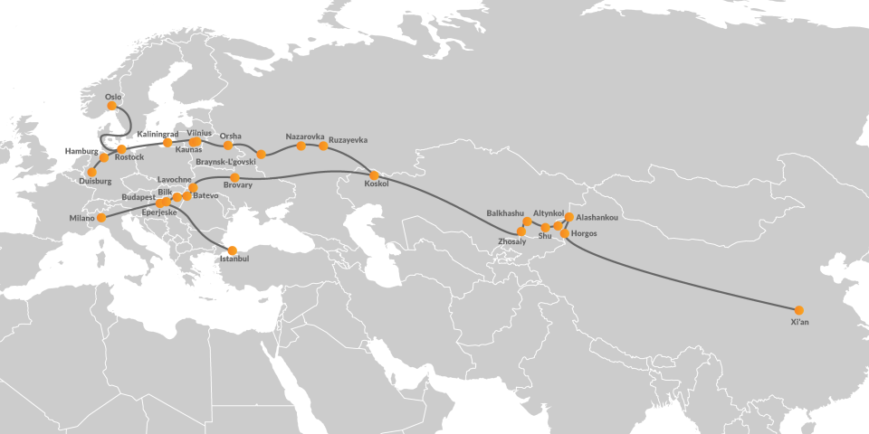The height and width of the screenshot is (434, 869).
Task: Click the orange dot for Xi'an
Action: (x=798, y=310)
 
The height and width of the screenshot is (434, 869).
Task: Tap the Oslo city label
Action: (x=113, y=96)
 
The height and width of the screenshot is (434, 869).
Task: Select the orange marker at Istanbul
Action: (x=232, y=250)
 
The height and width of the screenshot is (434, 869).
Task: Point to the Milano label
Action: (x=81, y=218)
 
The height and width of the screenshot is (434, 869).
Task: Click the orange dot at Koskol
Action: (x=374, y=175)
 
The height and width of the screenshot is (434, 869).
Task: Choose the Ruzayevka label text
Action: (x=349, y=139)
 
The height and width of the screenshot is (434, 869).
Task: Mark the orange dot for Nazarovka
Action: (x=301, y=146)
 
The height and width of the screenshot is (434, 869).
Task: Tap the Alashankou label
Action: (x=597, y=218)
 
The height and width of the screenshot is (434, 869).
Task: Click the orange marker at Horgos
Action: (x=565, y=234)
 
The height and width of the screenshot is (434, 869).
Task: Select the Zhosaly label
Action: (x=512, y=241)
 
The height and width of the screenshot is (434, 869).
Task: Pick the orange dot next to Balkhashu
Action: (x=528, y=222)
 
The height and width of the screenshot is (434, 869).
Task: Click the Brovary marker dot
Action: (x=235, y=177)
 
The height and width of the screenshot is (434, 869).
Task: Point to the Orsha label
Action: (x=231, y=136)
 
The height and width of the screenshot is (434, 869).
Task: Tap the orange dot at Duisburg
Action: (x=91, y=172)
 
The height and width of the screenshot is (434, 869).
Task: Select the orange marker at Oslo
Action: (x=112, y=105)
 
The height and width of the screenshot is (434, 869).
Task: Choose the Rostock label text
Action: (x=129, y=157)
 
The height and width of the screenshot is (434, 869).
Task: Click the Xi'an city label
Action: (x=799, y=322)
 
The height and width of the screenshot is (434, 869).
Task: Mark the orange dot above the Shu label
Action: (x=545, y=227)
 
